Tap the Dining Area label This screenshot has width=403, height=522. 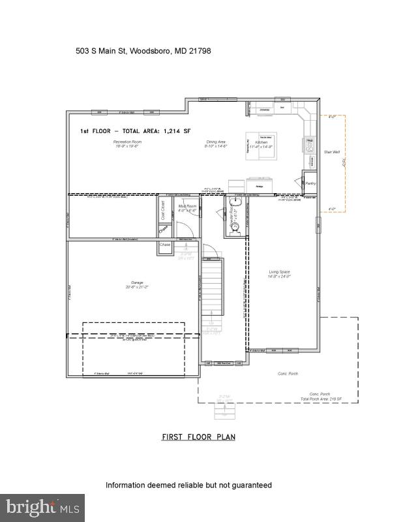pos(216,142)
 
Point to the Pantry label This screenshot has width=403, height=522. pos(310,183)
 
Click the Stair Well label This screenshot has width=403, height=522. pos(333,152)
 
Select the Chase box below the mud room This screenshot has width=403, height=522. pos(164,245)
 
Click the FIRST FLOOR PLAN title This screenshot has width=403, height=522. pos(198,437)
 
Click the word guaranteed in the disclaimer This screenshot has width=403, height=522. pos(248,485)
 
